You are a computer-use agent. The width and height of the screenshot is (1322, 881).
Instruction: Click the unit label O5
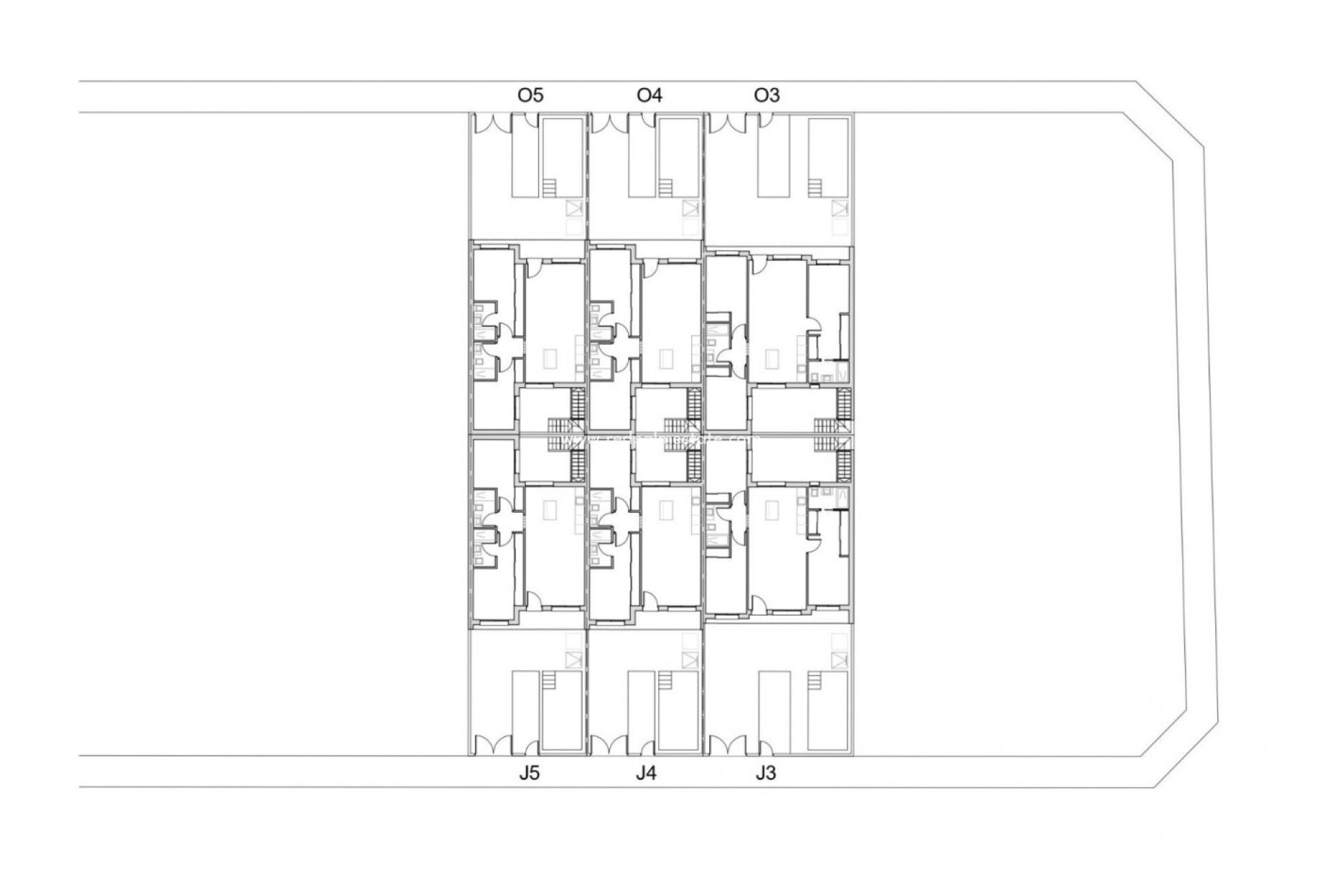point(530,95)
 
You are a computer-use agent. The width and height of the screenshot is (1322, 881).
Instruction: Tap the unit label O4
point(649,95)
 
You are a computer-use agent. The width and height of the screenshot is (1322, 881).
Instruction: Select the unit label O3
point(767,95)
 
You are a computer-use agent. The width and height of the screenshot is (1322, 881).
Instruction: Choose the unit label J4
point(646,773)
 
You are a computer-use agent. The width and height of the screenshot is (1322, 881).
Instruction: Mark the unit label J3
point(765,773)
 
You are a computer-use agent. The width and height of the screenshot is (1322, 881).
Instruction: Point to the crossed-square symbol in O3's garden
point(839,208)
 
